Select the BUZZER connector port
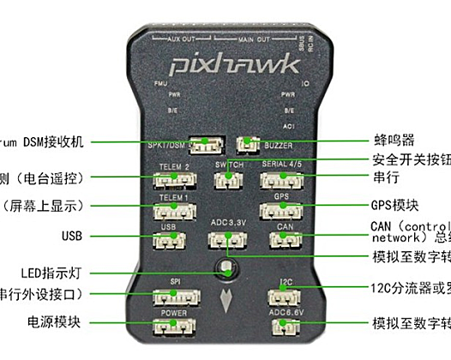tap(248, 142)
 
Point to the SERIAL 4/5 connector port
tap(280, 179)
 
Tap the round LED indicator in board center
tap(226, 267)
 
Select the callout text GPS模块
tap(394, 205)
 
